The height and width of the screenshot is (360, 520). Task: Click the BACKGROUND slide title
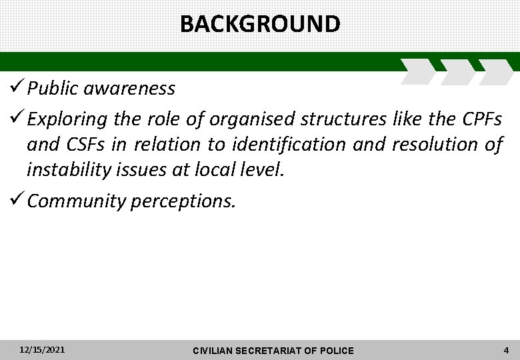260,24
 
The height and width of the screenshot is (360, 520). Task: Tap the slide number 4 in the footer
507,349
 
